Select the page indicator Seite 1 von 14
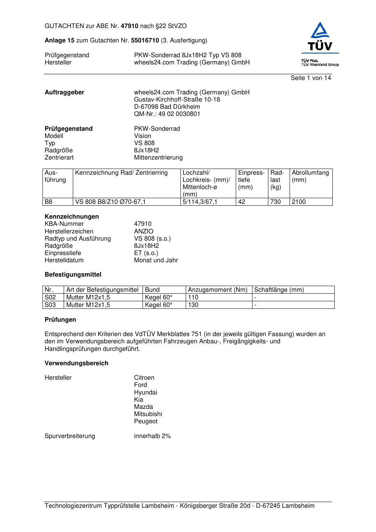pyautogui.click(x=310, y=78)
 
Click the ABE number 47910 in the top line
pyautogui.click(x=130, y=26)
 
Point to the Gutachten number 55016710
pyautogui.click(x=145, y=41)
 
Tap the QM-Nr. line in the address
pyautogui.click(x=167, y=114)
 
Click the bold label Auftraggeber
pyautogui.click(x=64, y=92)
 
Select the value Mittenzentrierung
pyautogui.click(x=158, y=158)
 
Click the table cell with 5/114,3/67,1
pyautogui.click(x=200, y=202)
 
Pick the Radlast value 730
pyautogui.click(x=276, y=202)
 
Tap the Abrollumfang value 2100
pyautogui.click(x=299, y=202)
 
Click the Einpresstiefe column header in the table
pyautogui.click(x=251, y=180)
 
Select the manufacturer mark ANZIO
pyautogui.click(x=144, y=231)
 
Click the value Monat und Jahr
pyautogui.click(x=156, y=260)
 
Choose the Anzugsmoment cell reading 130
pyautogui.click(x=193, y=305)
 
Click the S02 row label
pyautogui.click(x=50, y=297)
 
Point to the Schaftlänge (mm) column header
pyautogui.click(x=279, y=290)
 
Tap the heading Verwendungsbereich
pyautogui.click(x=77, y=363)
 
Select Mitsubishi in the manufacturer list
pyautogui.click(x=148, y=414)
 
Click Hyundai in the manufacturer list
pyautogui.click(x=145, y=393)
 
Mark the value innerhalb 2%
pyautogui.click(x=152, y=436)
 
